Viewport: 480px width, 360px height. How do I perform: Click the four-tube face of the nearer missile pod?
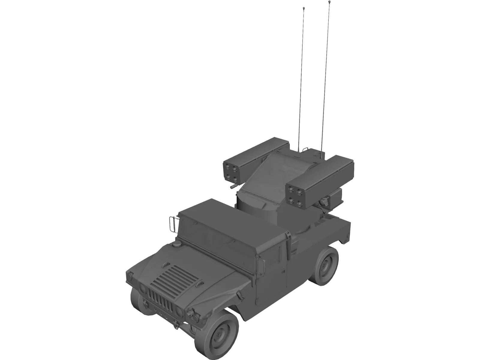click(295, 196)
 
